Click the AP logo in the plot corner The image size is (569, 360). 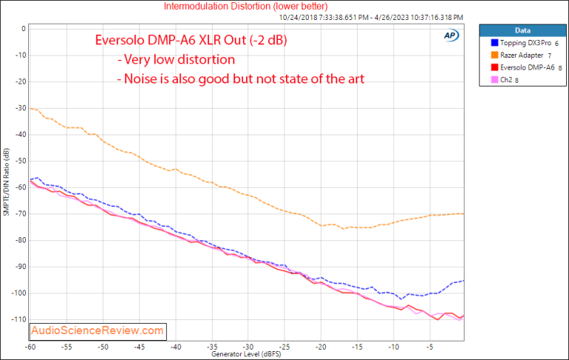click(x=450, y=35)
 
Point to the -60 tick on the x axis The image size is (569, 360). click(x=30, y=346)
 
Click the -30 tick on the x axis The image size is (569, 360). click(x=248, y=346)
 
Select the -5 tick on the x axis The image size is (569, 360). click(x=429, y=346)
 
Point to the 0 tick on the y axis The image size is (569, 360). click(x=24, y=29)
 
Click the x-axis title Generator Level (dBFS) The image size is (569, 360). click(x=247, y=354)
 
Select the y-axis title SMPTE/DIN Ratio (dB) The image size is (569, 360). click(x=7, y=182)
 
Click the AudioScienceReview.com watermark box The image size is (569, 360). click(x=98, y=330)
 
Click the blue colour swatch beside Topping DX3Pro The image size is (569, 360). click(x=488, y=44)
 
